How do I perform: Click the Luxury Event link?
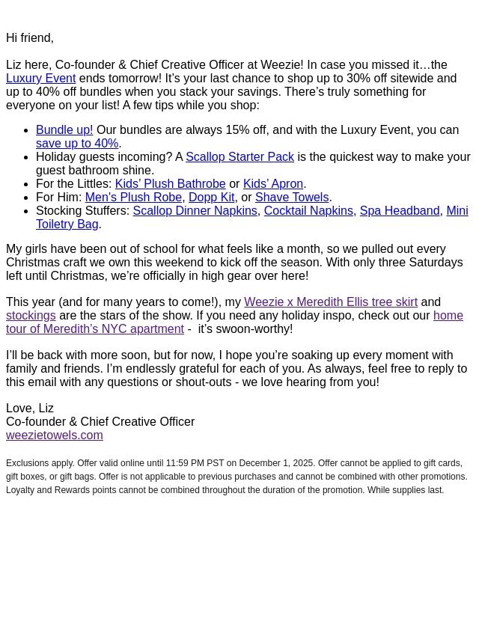click(x=40, y=78)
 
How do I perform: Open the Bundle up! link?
click(x=64, y=129)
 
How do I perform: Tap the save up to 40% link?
click(x=77, y=143)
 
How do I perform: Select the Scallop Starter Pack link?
click(x=239, y=156)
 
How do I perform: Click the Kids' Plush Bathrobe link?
click(x=170, y=183)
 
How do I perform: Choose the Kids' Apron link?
click(x=272, y=183)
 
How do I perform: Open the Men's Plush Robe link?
click(x=133, y=197)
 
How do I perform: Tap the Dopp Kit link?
click(x=211, y=197)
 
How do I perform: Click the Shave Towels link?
click(x=291, y=197)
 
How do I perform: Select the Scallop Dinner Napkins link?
click(x=195, y=210)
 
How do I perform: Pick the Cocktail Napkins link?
click(x=308, y=210)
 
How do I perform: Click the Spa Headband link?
click(x=399, y=210)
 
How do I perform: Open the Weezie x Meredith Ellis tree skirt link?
click(x=330, y=302)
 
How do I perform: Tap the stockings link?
click(x=31, y=315)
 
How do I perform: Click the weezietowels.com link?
click(x=55, y=435)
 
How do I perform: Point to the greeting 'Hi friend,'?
click(x=30, y=37)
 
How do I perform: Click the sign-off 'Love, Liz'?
click(x=30, y=408)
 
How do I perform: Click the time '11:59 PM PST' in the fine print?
click(x=195, y=463)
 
